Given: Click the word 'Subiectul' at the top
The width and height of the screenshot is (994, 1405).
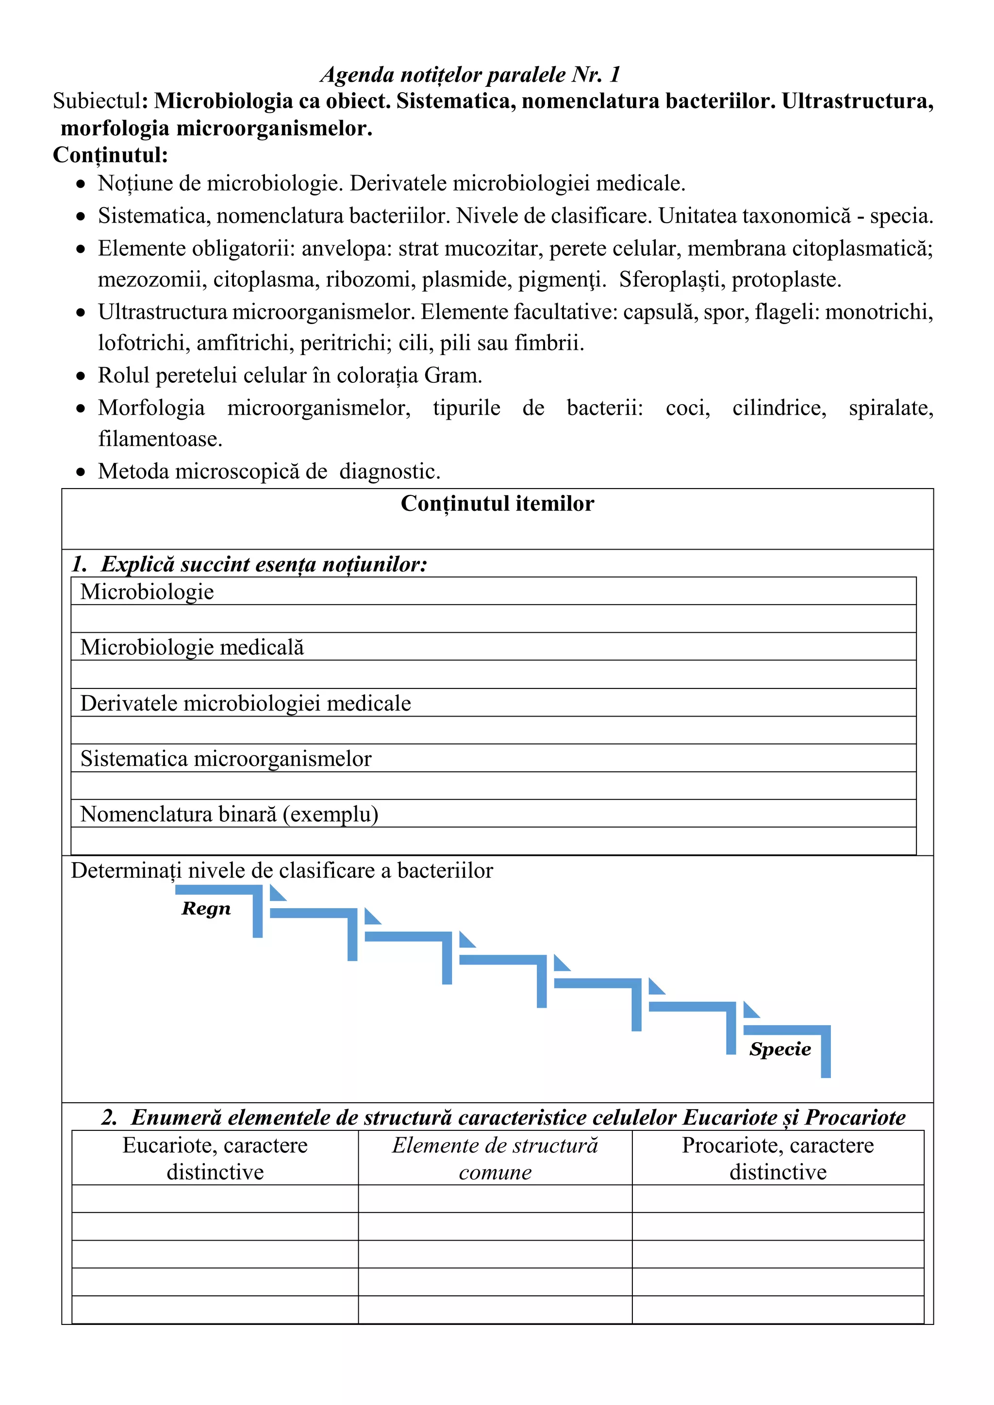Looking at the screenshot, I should pos(97,101).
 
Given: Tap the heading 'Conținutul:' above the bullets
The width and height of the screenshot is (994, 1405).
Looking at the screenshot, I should pos(110,155).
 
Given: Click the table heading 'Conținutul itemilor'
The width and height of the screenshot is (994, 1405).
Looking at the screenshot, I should pos(497,504).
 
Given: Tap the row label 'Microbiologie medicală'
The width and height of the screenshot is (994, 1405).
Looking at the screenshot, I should pos(192,647).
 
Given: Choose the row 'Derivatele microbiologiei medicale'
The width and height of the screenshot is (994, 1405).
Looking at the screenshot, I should pos(246,703).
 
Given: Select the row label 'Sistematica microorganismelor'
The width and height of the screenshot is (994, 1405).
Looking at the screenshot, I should pos(226,759).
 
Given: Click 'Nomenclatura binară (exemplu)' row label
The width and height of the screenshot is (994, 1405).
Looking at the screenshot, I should pos(230,815).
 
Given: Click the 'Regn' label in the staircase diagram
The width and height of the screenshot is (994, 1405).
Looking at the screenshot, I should pos(206,909).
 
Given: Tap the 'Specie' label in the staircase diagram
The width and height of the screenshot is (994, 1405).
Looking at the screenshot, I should pos(780,1049).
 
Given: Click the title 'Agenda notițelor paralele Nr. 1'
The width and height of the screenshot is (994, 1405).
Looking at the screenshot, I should pos(470,75).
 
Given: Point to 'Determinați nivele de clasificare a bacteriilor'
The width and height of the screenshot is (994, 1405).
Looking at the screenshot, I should pos(282,871).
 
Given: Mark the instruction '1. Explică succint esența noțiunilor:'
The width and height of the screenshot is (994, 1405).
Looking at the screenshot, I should pos(249,564).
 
